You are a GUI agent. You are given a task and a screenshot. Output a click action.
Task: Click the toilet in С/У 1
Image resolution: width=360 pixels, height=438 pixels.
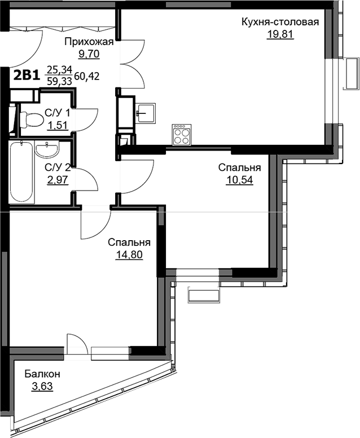point(32,120)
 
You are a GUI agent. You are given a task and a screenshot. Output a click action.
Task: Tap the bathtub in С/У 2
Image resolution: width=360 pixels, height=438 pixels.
point(22,172)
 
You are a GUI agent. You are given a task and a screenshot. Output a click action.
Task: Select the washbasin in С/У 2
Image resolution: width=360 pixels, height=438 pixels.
point(47,149)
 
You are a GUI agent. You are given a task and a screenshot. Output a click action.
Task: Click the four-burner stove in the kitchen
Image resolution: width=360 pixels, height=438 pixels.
point(181,135)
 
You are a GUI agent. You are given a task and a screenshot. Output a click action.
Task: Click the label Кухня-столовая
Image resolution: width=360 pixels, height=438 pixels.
point(280,22)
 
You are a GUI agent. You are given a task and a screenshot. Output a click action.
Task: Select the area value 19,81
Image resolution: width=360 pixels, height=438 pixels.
point(280,34)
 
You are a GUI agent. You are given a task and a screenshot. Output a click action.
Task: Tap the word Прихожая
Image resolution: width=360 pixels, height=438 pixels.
point(89,42)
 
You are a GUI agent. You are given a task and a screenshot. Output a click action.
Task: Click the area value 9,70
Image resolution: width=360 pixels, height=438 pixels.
point(89,54)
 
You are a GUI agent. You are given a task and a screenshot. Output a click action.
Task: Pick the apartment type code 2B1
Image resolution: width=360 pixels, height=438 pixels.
point(27,76)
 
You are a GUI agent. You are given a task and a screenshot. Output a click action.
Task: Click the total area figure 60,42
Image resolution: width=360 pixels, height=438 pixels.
point(87,76)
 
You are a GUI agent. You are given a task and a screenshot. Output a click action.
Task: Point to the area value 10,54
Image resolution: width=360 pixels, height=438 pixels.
point(239,180)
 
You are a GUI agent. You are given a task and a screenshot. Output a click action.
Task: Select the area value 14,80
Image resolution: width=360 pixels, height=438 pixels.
point(129,255)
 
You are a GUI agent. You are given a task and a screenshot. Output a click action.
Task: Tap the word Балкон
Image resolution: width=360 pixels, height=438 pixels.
point(42,374)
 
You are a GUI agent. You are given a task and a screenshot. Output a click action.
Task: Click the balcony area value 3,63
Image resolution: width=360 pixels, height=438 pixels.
point(42,386)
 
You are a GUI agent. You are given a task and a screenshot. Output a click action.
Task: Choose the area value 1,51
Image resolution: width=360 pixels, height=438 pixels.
point(58,125)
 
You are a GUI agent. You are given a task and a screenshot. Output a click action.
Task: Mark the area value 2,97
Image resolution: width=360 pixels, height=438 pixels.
point(58,180)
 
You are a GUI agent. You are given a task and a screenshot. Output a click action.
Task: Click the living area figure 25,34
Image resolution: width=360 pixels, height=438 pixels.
point(60,69)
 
